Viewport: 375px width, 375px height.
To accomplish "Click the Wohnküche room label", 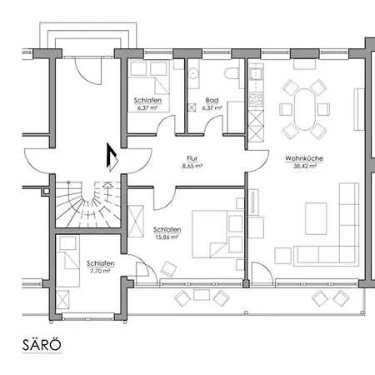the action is [x=304, y=158].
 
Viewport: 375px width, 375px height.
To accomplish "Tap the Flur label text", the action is [x=192, y=158].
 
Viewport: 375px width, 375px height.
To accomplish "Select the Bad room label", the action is [x=212, y=100].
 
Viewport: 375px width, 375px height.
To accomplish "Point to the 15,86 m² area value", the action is [x=167, y=237].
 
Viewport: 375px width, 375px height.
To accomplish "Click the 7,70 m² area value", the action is [x=100, y=271].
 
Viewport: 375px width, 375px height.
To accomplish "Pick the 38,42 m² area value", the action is [x=305, y=166].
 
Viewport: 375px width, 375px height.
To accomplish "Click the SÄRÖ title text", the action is [x=42, y=345].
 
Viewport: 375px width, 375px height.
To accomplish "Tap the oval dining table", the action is [x=305, y=109].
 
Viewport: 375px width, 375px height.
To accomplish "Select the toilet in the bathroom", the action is [x=232, y=73].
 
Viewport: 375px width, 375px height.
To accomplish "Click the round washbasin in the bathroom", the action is [x=192, y=73].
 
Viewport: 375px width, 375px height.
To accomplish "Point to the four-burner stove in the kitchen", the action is [x=256, y=99].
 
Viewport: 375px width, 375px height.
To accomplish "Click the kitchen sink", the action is [x=256, y=74].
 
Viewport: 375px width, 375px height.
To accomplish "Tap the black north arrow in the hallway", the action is [x=112, y=157].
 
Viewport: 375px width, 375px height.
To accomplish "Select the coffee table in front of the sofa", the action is [x=316, y=218].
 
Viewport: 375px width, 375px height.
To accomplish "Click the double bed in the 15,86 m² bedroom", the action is [x=217, y=234].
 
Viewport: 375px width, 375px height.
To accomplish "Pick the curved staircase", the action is [x=88, y=205].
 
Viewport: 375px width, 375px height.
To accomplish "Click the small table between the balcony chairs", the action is [x=202, y=295].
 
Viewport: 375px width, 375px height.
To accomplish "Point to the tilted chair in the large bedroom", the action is [x=168, y=269].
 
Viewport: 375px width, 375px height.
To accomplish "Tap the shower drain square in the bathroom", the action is [x=192, y=107].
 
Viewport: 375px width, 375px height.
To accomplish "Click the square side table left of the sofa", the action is [x=283, y=256].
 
